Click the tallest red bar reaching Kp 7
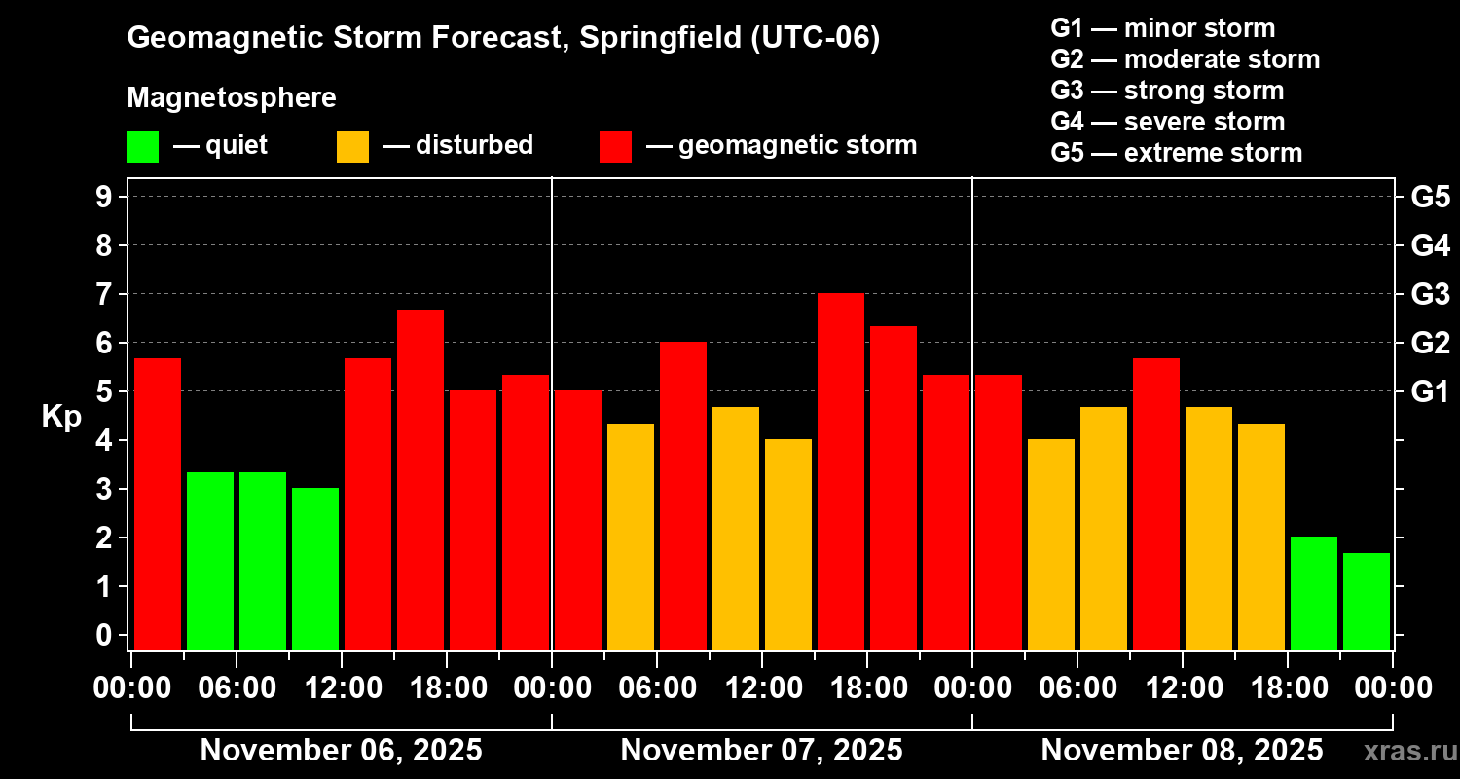(x=841, y=471)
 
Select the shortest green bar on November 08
(x=1367, y=601)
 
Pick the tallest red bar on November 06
(x=420, y=479)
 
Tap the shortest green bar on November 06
(x=315, y=569)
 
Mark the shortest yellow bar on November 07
(x=788, y=544)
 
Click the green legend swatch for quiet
(x=142, y=146)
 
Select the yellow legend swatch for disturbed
(x=352, y=146)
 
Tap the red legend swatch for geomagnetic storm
(x=615, y=146)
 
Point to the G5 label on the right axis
(x=1430, y=198)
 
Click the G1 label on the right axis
(x=1430, y=392)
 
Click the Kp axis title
(x=60, y=417)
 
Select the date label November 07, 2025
(x=761, y=751)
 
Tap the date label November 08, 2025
(x=1182, y=751)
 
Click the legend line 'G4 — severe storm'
(x=1167, y=122)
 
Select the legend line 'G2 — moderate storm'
(x=1185, y=59)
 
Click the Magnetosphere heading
(x=232, y=98)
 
